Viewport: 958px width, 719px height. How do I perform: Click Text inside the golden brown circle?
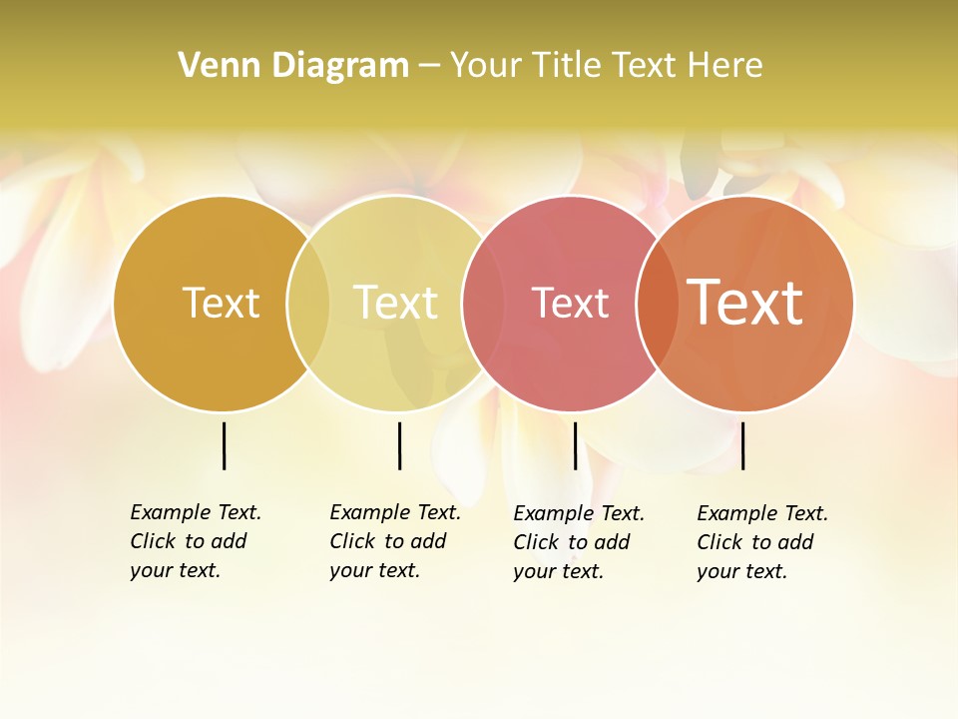tap(221, 303)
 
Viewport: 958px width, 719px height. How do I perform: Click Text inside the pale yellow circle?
tap(396, 303)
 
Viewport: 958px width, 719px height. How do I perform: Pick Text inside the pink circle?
tap(570, 303)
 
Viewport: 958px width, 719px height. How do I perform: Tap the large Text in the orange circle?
tap(745, 303)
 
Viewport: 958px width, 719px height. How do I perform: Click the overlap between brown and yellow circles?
tap(308, 303)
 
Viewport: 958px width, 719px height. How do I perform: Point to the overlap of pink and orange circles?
tap(657, 303)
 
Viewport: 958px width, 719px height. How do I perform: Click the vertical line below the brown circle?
tap(224, 445)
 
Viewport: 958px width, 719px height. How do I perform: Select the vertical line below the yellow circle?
tap(399, 445)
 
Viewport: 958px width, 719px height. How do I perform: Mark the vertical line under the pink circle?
tap(575, 445)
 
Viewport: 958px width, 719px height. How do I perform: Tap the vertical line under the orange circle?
tap(742, 445)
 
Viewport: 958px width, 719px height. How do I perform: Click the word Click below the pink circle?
tap(535, 542)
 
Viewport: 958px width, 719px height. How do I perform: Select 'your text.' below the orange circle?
tap(741, 571)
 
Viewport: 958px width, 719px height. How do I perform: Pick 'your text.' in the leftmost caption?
tap(175, 570)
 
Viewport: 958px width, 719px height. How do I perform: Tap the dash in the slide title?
tap(429, 66)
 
